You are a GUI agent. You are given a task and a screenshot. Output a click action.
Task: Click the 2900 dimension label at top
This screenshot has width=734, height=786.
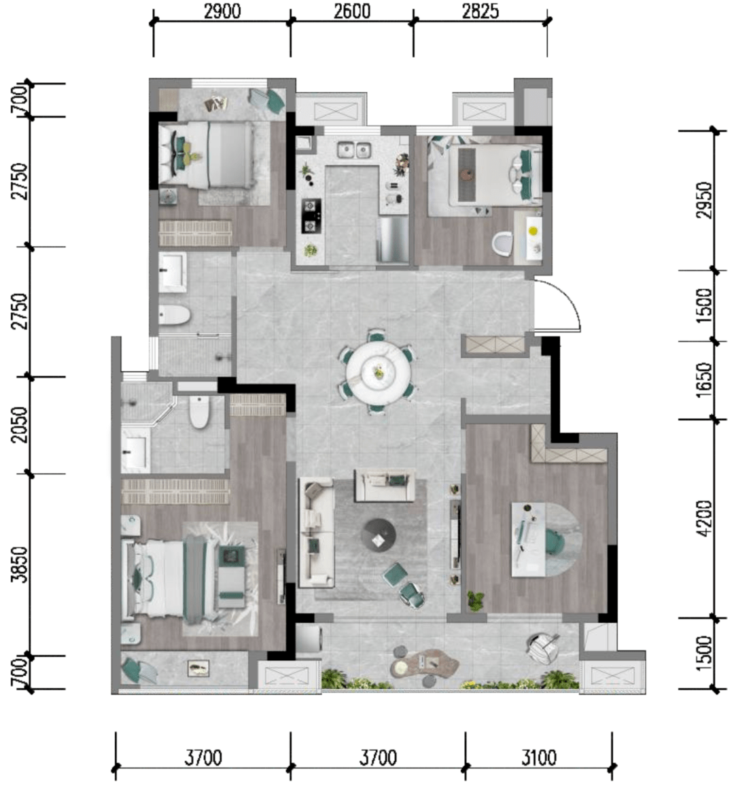pyautogui.click(x=222, y=11)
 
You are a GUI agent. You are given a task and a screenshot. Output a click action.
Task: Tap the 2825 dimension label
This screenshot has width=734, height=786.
pyautogui.click(x=480, y=11)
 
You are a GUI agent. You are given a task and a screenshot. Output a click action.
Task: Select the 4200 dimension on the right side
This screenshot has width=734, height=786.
pyautogui.click(x=704, y=518)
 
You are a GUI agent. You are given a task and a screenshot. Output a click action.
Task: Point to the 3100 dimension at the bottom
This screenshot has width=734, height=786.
pyautogui.click(x=538, y=757)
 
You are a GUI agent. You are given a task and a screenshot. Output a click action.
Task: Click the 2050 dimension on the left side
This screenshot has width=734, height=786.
pyautogui.click(x=20, y=424)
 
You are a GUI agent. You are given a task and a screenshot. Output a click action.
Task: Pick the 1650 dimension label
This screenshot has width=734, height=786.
pyautogui.click(x=704, y=380)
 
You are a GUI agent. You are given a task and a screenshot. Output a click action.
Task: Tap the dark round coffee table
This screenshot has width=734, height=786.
pyautogui.click(x=379, y=535)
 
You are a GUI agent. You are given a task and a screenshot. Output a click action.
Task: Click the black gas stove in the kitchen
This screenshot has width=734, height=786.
pyautogui.click(x=311, y=216)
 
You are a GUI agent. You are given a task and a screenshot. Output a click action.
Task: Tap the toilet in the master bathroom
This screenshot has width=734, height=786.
pyautogui.click(x=199, y=411)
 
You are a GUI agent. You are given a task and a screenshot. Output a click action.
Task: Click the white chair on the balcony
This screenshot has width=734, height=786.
pyautogui.click(x=543, y=648)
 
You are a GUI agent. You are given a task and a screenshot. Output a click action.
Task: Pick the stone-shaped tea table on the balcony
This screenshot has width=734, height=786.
pyautogui.click(x=425, y=664)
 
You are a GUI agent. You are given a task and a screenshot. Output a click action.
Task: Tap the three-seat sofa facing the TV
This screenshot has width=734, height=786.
pyautogui.click(x=317, y=533)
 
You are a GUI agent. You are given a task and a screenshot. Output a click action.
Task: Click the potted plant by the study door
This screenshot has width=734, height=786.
pyautogui.click(x=476, y=600)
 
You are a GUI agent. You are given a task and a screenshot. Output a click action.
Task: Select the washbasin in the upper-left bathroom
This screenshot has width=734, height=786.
pyautogui.click(x=173, y=272)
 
